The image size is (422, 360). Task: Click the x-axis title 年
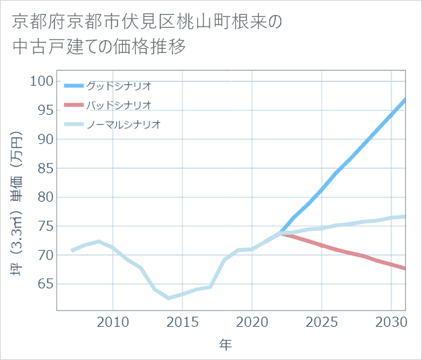click(x=226, y=344)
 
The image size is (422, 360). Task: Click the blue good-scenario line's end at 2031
click(x=405, y=100)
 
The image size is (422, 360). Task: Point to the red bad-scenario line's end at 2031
click(x=405, y=268)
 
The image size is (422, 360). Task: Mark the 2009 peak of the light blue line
click(x=99, y=242)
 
